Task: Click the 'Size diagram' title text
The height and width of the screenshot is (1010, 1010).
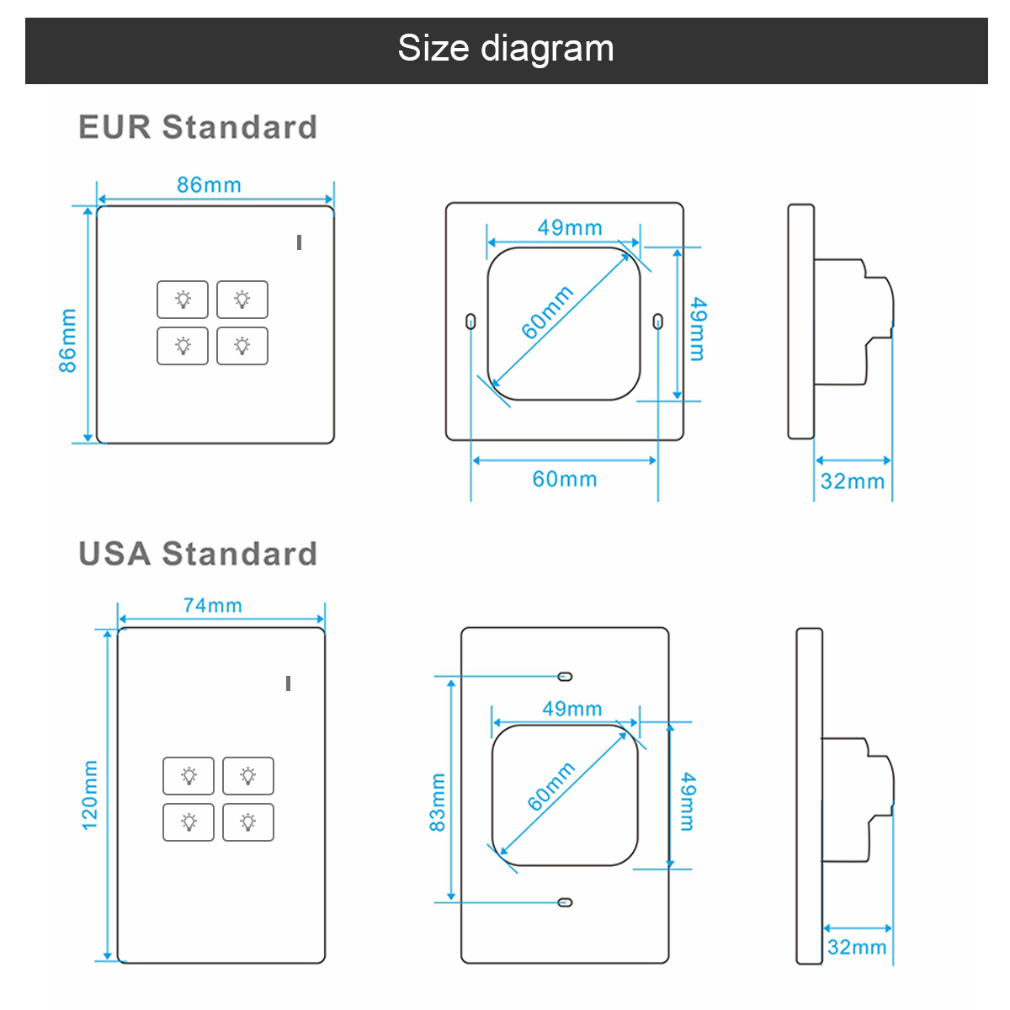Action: pos(505,49)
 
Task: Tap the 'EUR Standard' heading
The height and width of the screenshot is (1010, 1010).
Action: pos(198,127)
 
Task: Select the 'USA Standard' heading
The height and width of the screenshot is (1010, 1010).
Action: pos(198,554)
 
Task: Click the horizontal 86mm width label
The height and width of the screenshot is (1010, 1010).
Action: pos(209,185)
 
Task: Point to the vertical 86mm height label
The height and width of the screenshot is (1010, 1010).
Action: pos(67,341)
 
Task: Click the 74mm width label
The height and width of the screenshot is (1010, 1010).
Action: pos(212,605)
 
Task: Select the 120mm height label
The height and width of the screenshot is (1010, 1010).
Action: pos(89,795)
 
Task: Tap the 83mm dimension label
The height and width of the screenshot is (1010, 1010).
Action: pos(437,802)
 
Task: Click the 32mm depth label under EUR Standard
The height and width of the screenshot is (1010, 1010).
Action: pos(853,481)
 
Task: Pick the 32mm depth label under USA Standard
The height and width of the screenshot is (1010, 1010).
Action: pos(857,947)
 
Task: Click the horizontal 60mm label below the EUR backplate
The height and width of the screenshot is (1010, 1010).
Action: pos(565,479)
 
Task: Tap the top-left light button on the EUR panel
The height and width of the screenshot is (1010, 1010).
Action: pos(183,300)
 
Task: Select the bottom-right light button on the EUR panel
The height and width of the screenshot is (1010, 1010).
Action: pos(242,346)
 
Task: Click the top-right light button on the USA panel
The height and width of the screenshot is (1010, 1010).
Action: pos(248,776)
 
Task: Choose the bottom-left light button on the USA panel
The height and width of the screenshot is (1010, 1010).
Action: pos(189,822)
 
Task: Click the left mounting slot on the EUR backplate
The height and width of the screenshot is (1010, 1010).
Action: pos(470,322)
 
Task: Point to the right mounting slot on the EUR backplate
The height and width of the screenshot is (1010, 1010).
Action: pos(658,322)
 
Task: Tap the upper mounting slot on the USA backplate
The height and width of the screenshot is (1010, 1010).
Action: pos(565,677)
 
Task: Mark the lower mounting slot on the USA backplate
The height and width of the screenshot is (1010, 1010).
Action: pos(565,902)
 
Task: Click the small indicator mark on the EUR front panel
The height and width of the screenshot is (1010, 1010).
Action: pos(299,242)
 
